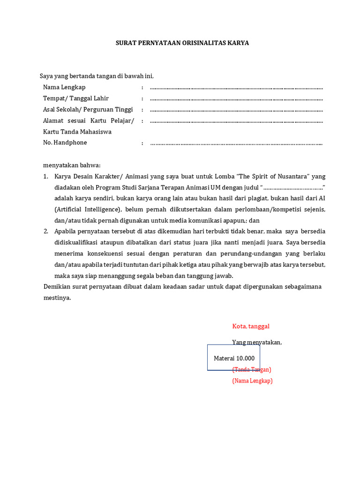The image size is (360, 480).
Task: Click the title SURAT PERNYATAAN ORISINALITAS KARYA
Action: point(182,43)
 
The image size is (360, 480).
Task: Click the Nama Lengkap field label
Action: point(64,87)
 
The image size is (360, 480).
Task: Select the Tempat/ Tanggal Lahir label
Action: point(75,98)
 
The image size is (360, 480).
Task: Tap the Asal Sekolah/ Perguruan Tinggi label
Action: point(88,110)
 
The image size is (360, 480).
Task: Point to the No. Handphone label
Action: point(65,142)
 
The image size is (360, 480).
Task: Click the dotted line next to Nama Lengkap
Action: point(236,88)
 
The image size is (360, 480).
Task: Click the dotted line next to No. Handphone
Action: point(236,143)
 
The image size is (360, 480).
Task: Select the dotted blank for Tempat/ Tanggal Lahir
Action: point(236,99)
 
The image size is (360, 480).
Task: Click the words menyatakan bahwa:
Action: point(72,165)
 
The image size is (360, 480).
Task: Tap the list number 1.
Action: point(45,176)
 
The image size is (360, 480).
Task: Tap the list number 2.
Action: point(45,232)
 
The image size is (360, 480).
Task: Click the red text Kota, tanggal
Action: point(251,326)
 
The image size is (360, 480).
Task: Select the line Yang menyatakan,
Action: point(257,342)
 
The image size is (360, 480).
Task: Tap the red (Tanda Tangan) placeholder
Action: point(252,369)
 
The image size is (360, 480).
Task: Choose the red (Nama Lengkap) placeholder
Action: point(252,381)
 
